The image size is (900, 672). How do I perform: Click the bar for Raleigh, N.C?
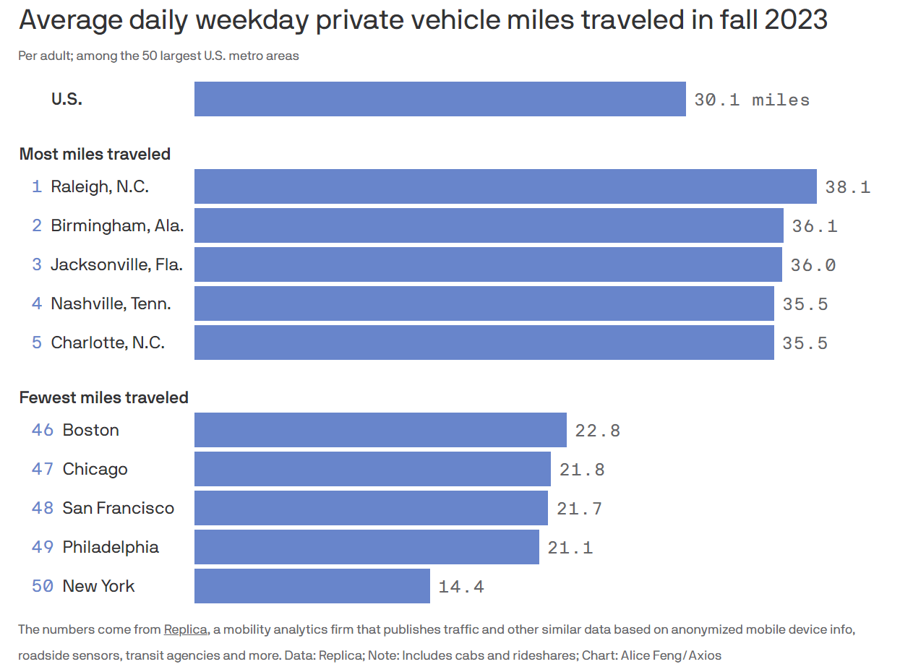point(505,186)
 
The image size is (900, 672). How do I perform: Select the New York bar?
point(312,586)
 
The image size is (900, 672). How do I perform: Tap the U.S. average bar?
point(440,99)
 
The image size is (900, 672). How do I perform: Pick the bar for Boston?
point(380,430)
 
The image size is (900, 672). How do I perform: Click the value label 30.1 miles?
point(751,100)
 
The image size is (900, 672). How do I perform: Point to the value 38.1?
point(847,187)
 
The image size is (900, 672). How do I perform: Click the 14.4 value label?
point(460,587)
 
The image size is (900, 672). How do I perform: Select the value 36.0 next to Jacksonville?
point(813,265)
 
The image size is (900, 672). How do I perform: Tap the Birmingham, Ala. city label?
point(117,225)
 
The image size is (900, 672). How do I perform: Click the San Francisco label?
point(118,508)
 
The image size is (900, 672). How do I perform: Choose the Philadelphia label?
point(111,547)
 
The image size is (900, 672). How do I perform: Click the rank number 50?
point(43,586)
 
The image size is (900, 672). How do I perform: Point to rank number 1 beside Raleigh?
point(37,186)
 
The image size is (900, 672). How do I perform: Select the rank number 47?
point(43,469)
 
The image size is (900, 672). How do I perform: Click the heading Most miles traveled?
point(95,154)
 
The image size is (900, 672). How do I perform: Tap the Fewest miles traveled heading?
point(103,397)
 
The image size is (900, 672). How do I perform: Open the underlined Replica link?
point(186,629)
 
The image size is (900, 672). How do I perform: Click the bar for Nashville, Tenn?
point(484,303)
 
